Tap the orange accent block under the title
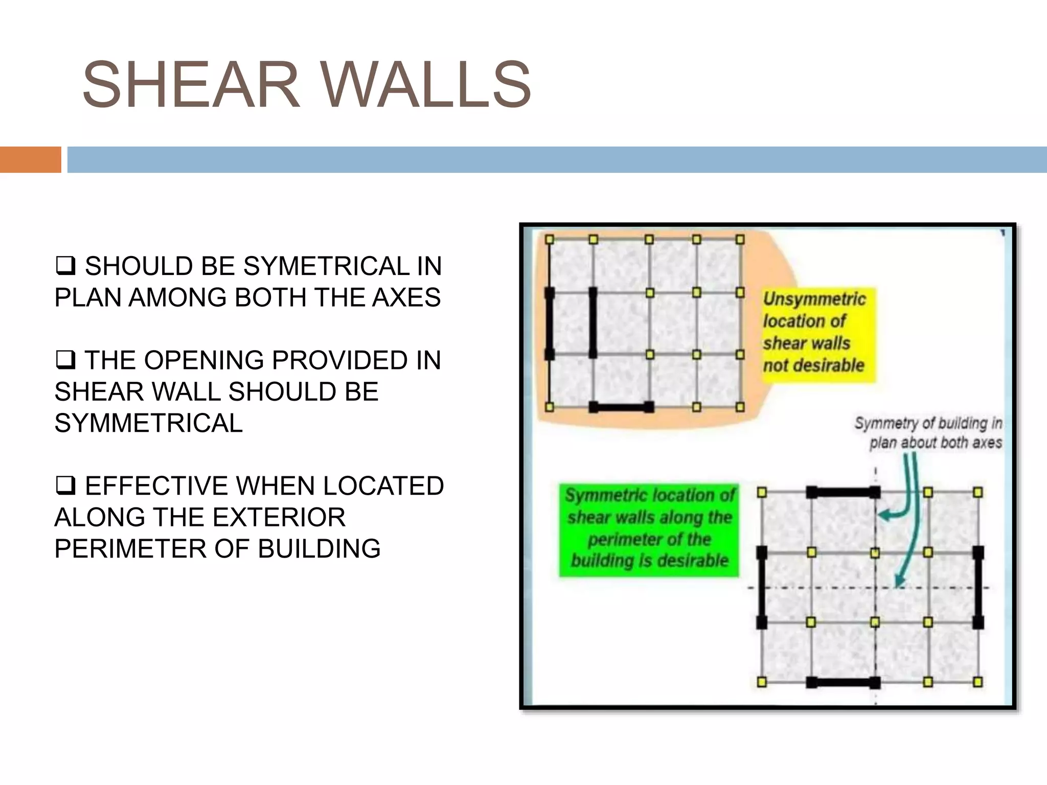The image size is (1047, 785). [30, 159]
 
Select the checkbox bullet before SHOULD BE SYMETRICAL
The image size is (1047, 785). [65, 266]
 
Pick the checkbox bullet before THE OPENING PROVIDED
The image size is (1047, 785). [65, 360]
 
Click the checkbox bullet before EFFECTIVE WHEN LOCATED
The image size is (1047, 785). [65, 486]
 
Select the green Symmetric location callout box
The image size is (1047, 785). [649, 529]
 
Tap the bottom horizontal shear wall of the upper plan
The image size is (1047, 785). [621, 407]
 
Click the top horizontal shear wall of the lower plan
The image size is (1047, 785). [843, 493]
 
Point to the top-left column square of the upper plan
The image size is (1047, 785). [550, 239]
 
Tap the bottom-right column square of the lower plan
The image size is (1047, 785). [977, 682]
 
